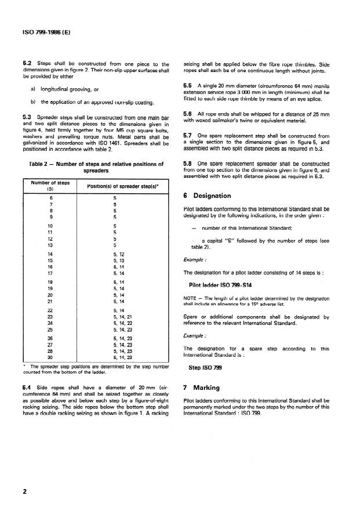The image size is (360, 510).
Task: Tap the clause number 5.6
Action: (x=187, y=114)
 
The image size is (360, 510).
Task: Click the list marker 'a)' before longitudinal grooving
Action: (x=34, y=88)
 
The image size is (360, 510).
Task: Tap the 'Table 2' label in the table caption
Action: (x=43, y=164)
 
